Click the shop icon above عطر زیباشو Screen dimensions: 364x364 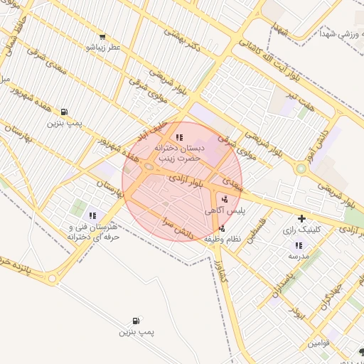click(102, 37)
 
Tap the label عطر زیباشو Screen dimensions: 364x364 click(102, 48)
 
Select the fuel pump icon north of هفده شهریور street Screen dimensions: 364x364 click(64, 112)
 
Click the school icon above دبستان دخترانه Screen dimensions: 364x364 click(179, 137)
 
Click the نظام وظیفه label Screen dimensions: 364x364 click(223, 239)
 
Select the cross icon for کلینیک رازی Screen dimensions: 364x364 click(301, 218)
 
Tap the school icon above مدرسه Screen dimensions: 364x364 click(299, 245)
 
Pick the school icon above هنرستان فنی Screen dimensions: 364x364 click(92, 215)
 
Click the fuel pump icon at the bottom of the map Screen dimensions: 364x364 click(136, 321)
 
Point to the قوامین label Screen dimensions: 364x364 click(318, 343)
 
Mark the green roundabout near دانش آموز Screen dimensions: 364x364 click(301, 169)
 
